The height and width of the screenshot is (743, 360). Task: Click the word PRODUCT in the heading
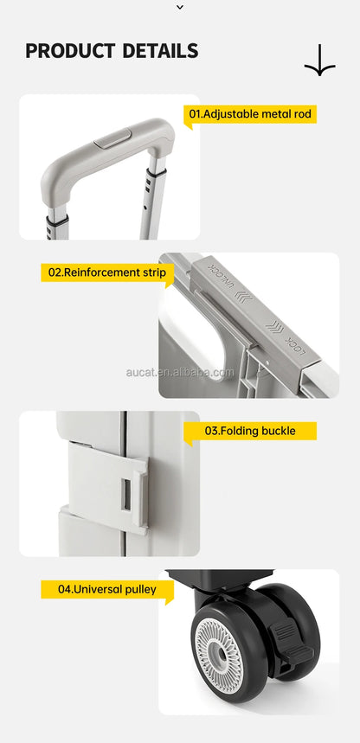coord(70,51)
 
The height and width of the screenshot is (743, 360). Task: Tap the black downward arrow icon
coord(319,61)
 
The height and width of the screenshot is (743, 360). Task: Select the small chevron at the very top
coord(180,7)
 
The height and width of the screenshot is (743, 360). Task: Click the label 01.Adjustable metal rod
coord(250,114)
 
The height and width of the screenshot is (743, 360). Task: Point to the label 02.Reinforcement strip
coord(107,272)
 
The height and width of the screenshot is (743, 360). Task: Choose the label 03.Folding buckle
coord(250,431)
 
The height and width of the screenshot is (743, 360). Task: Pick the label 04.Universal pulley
coord(107,590)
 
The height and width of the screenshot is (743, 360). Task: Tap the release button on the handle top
coord(112,138)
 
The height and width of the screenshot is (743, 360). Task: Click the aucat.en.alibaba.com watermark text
coord(180,372)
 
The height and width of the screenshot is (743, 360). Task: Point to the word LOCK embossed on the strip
coord(295,346)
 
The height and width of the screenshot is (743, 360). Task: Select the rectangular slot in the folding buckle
coord(126,495)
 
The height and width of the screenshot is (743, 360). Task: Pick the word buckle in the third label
coord(279,431)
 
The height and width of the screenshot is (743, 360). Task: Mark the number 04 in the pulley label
coord(65,590)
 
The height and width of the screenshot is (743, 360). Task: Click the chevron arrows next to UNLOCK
coord(243,298)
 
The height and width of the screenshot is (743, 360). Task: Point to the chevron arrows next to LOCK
coord(275,327)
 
